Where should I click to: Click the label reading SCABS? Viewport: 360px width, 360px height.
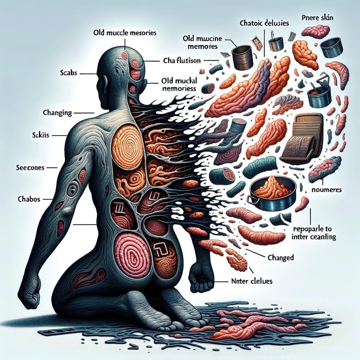tap(69, 74)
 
